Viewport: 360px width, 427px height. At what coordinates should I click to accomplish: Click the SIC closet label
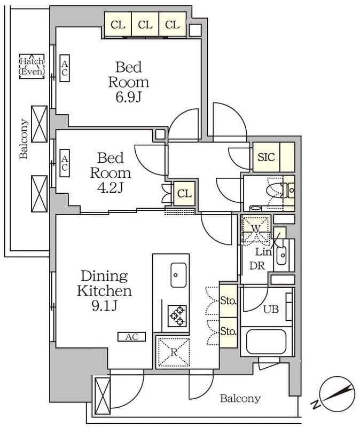pyautogui.click(x=266, y=157)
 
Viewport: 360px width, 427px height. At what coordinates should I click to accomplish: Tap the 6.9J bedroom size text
pyautogui.click(x=128, y=97)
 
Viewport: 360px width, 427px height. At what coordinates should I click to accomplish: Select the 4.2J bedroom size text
pyautogui.click(x=111, y=188)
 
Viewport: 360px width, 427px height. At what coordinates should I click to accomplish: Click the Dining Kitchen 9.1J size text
pyautogui.click(x=105, y=306)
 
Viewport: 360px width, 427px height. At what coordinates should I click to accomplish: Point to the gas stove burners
pyautogui.click(x=177, y=316)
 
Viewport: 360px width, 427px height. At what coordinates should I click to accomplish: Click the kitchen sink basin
pyautogui.click(x=178, y=275)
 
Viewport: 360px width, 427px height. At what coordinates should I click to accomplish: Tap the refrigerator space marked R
pyautogui.click(x=174, y=352)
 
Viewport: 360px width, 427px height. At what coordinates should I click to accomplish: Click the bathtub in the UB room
pyautogui.click(x=266, y=342)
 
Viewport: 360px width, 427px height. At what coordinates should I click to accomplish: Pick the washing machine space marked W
pyautogui.click(x=256, y=228)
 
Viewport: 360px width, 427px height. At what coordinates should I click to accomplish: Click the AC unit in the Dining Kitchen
pyautogui.click(x=131, y=337)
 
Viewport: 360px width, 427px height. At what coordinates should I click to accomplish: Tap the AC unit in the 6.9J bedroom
pyautogui.click(x=65, y=68)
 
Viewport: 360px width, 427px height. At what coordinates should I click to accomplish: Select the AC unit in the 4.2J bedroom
pyautogui.click(x=65, y=163)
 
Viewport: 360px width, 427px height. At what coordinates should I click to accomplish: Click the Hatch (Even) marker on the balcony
pyautogui.click(x=32, y=66)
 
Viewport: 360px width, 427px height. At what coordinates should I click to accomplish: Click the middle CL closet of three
pyautogui.click(x=145, y=25)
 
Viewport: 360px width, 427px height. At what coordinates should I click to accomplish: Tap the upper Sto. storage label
pyautogui.click(x=228, y=301)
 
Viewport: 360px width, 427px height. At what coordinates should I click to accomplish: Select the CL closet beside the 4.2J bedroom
pyautogui.click(x=184, y=194)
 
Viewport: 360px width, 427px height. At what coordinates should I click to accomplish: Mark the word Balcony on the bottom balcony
pyautogui.click(x=240, y=399)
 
